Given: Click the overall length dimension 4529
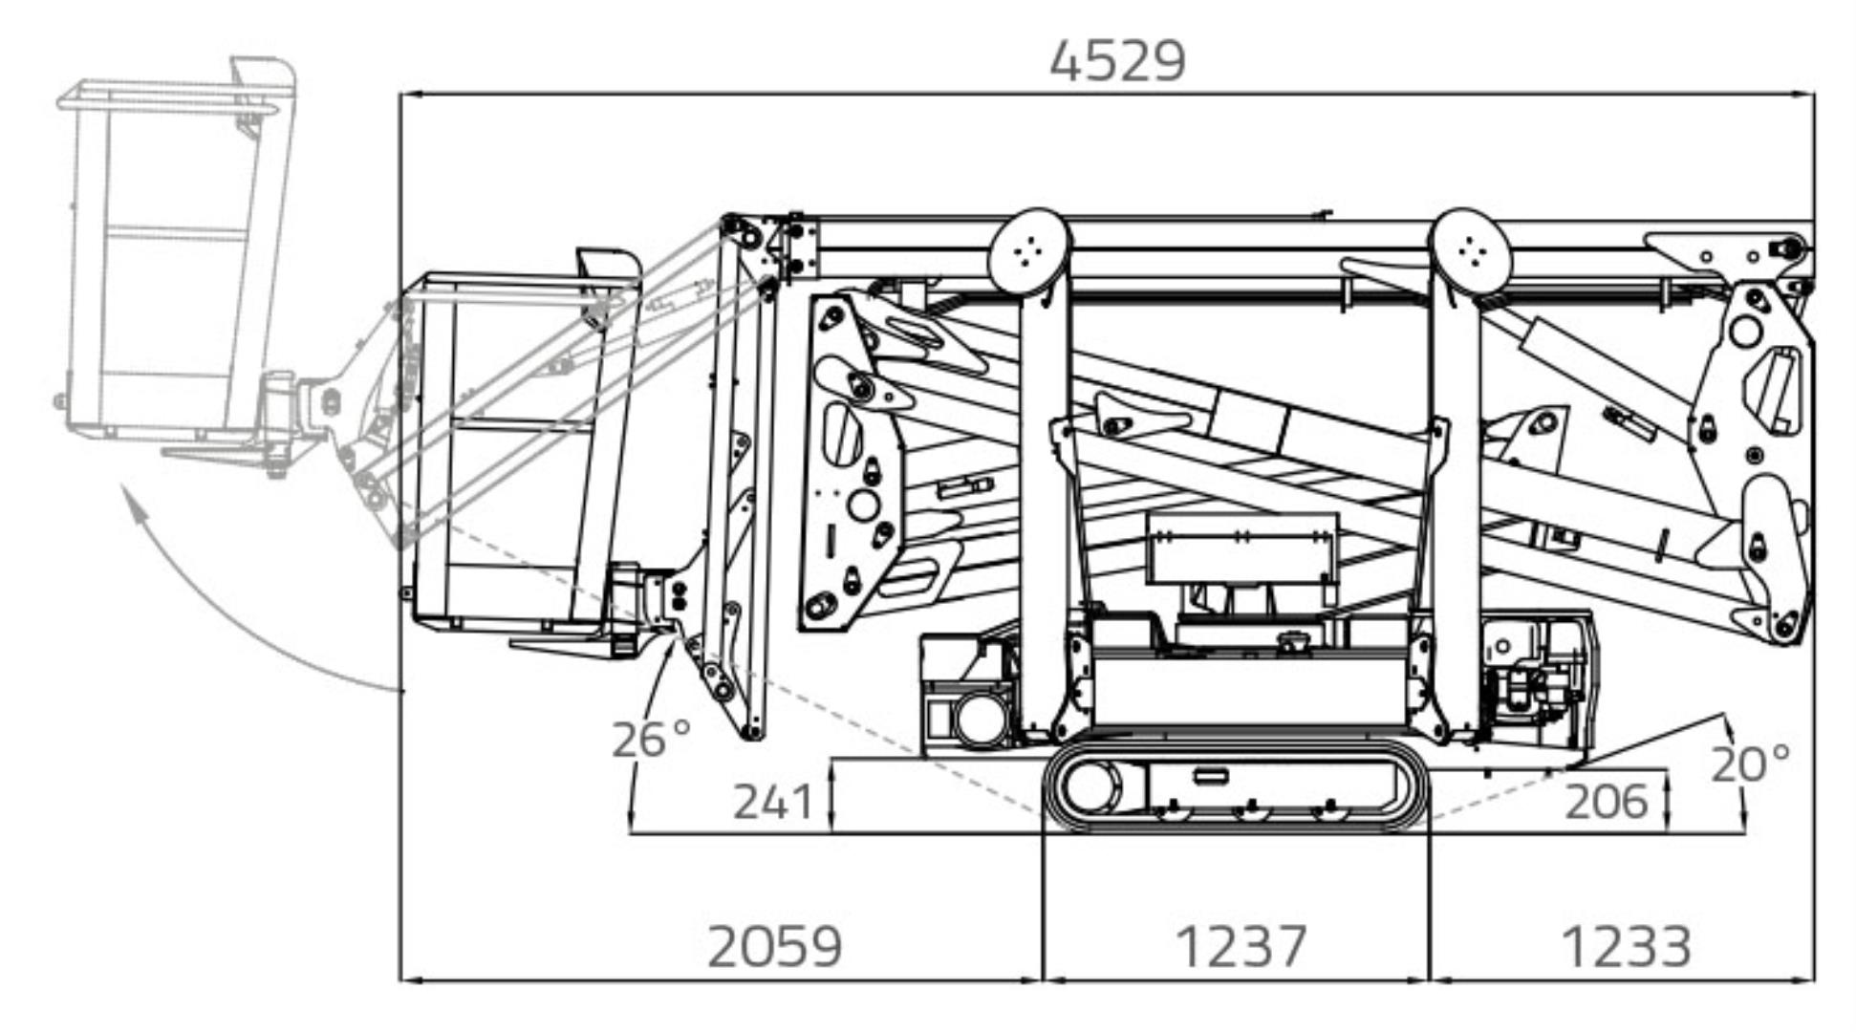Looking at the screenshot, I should coord(1117,61).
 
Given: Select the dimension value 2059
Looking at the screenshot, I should coord(774,947).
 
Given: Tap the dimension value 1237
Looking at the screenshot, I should coord(1240,947).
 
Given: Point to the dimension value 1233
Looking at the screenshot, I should coord(1626,947).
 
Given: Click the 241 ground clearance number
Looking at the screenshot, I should coord(772,802).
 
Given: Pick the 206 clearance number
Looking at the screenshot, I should coord(1606,802).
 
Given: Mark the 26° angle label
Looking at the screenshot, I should coord(650,739).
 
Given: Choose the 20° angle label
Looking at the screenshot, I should coord(1749,763).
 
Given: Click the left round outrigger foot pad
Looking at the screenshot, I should coord(1029,250).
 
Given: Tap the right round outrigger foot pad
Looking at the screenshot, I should coord(1472,250).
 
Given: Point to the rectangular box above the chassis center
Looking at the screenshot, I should coord(1241,548).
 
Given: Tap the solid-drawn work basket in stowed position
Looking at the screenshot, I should coord(516,449).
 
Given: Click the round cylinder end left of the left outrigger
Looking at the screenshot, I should coord(980,719).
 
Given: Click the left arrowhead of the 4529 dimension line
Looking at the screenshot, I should coord(407,95).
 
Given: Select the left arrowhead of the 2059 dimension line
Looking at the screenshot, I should coord(407,979).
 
